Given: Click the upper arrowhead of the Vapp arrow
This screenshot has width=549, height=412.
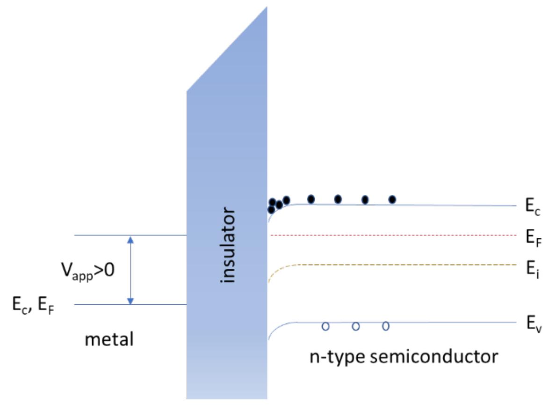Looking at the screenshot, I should (x=131, y=239).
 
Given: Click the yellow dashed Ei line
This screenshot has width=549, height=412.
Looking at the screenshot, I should (x=397, y=265).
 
